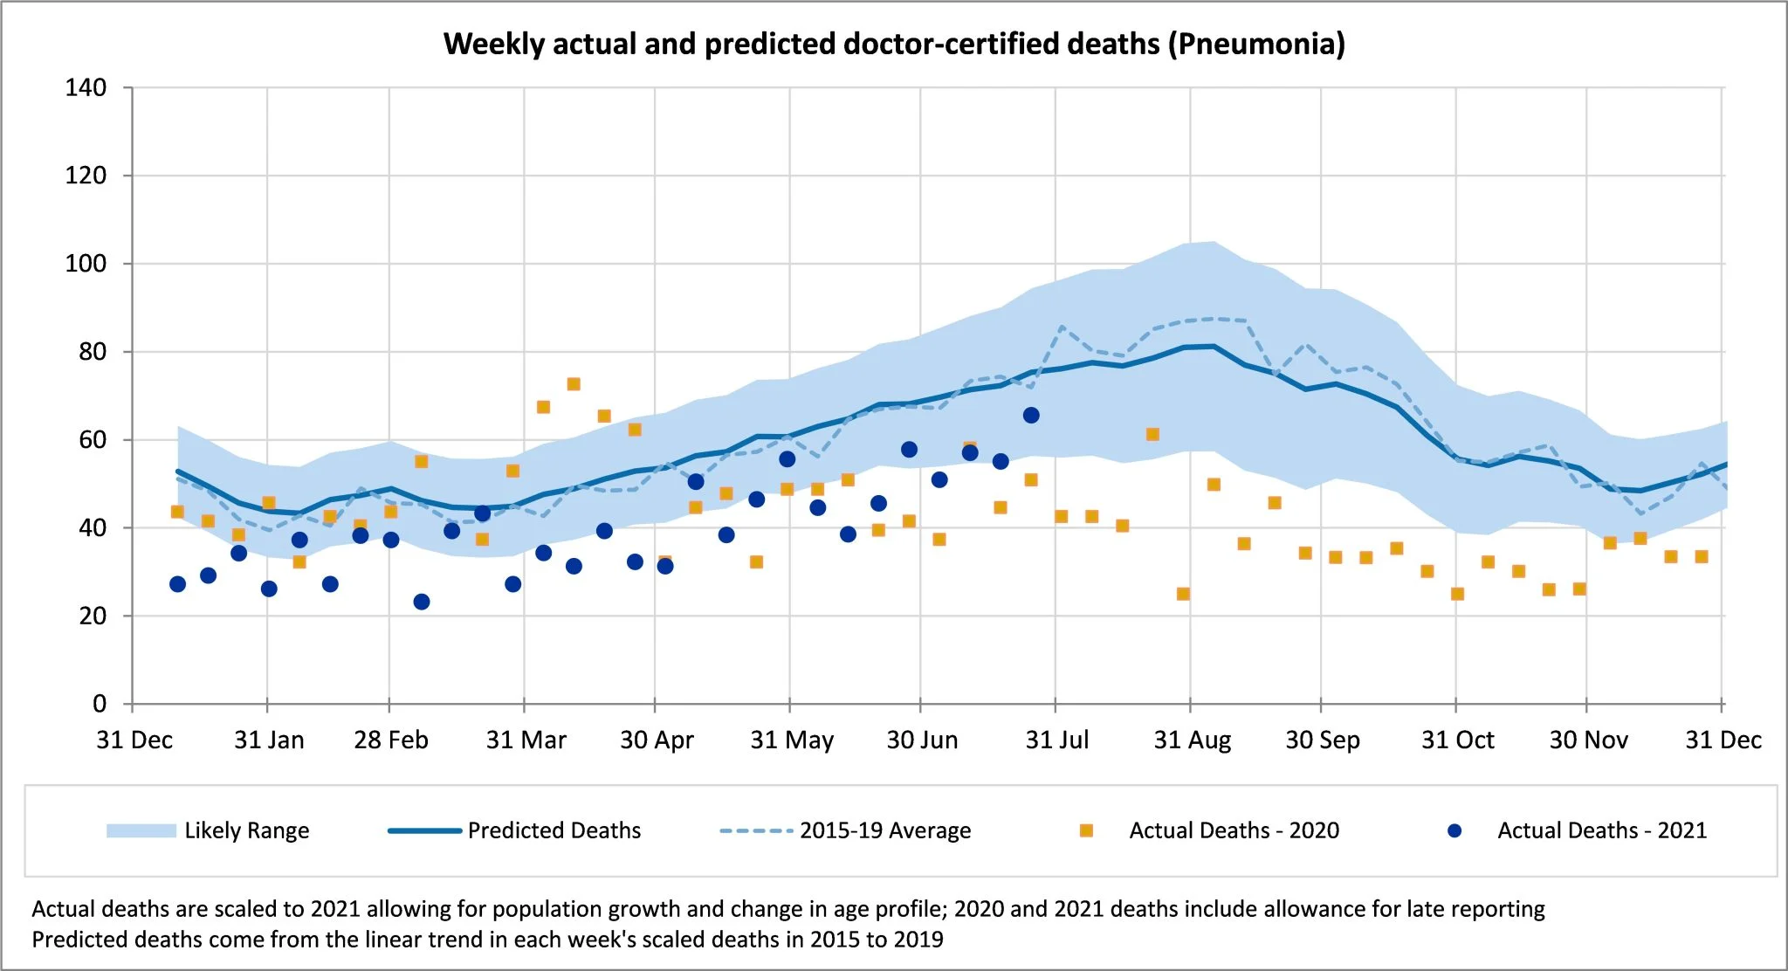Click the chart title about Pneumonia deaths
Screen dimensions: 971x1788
[894, 44]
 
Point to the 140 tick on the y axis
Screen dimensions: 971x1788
[86, 87]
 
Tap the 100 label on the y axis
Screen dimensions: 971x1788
[86, 264]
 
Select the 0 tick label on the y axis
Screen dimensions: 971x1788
[100, 704]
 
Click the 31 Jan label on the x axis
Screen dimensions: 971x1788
[269, 740]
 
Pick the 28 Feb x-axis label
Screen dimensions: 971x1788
[390, 740]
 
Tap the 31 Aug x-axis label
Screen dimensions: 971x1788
[1192, 740]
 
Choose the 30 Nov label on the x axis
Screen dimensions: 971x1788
[1588, 740]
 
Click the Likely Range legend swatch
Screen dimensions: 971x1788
[141, 830]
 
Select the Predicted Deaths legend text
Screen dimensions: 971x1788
[554, 830]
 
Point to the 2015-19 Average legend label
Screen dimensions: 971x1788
[885, 830]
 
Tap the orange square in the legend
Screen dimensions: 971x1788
[1086, 830]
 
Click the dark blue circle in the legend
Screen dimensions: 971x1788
[1454, 830]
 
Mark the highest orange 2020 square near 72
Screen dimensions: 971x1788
[574, 384]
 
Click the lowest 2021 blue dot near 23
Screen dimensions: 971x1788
[422, 602]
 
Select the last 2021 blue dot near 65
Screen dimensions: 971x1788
[1031, 415]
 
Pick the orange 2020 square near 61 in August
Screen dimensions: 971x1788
[1152, 434]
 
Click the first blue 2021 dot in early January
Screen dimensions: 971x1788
[177, 584]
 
